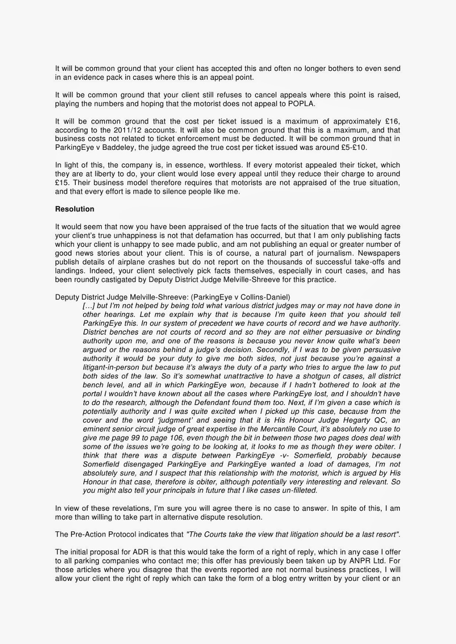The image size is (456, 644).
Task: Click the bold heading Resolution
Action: point(75,209)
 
